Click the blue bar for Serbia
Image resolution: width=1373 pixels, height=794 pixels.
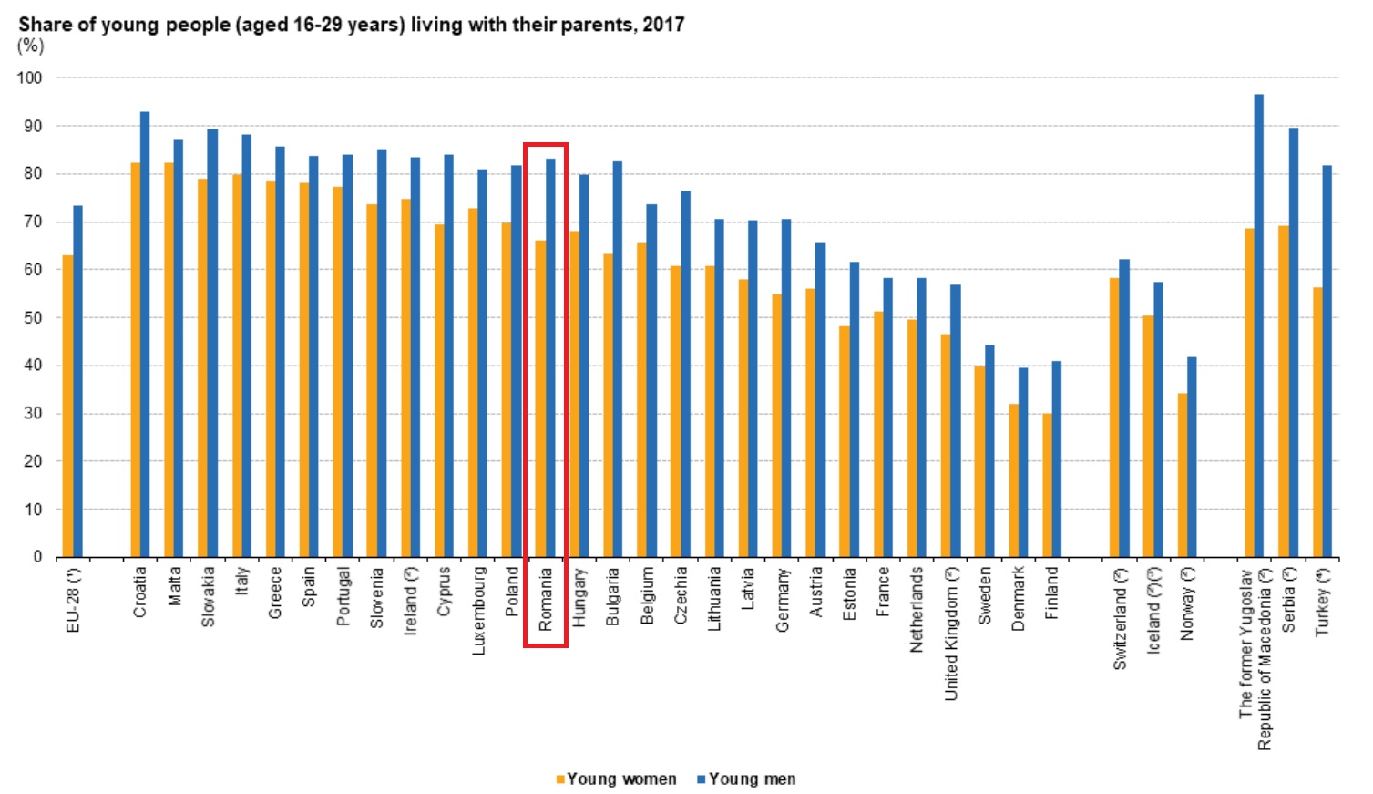pos(1294,342)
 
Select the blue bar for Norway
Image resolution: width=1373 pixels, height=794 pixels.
pos(1192,457)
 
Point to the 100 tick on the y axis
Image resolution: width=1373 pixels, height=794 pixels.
pos(29,78)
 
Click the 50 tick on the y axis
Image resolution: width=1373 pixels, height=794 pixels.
pos(33,318)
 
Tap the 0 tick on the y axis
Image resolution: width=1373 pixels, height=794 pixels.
pos(37,557)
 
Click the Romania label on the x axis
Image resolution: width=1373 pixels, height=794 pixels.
pos(546,599)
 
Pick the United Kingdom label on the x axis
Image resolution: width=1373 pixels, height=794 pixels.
pos(950,634)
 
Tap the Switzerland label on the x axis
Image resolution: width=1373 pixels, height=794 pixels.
pos(1119,619)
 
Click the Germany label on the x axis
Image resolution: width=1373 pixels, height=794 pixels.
pos(782,599)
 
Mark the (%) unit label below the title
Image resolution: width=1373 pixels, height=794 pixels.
pos(30,46)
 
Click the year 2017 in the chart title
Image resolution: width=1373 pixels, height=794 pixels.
pos(662,25)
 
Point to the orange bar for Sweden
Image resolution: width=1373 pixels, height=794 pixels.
pos(979,461)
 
